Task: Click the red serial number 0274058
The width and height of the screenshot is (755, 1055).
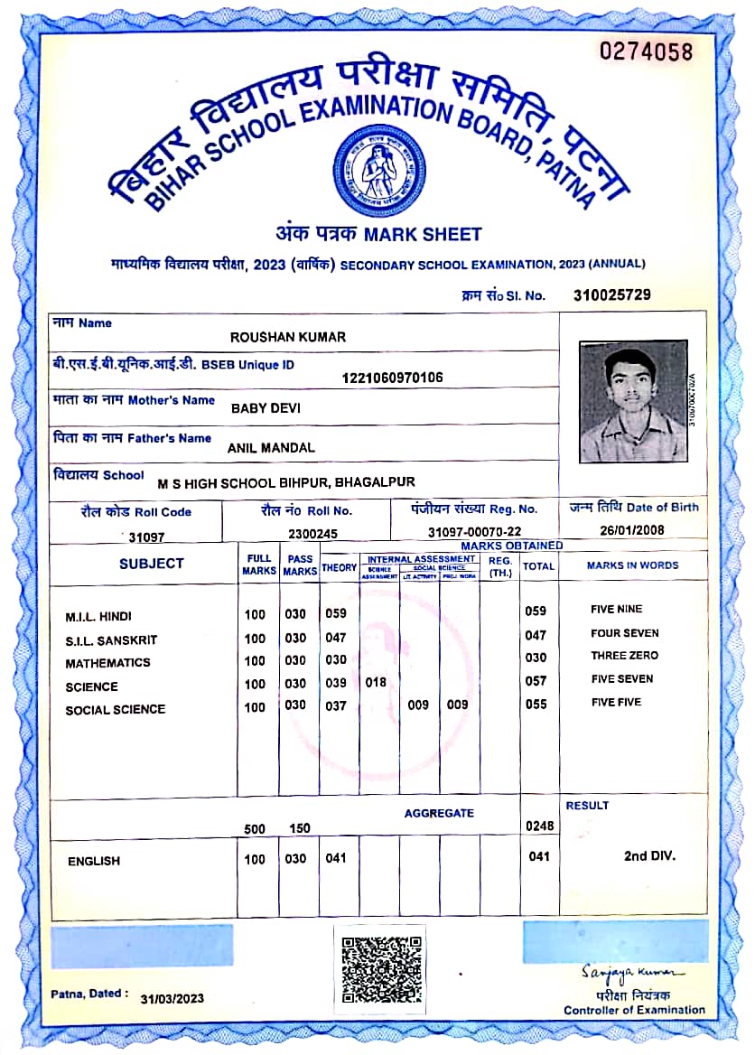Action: point(647,51)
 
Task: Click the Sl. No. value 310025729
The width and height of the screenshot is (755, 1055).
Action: point(611,294)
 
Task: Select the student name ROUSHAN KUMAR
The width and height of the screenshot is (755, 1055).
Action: point(288,337)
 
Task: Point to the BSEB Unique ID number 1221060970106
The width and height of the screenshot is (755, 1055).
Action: point(393,378)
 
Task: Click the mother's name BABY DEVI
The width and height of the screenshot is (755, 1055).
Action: point(266,408)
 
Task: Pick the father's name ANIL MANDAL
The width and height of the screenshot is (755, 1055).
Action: point(271,447)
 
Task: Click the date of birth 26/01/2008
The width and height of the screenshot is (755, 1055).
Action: point(631,531)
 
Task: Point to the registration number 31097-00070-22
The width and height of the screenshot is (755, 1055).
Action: point(474,534)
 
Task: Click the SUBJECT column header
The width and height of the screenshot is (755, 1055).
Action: point(151,564)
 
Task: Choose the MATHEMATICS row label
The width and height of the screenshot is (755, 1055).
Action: point(107,663)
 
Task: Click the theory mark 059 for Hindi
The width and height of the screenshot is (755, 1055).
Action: point(336,614)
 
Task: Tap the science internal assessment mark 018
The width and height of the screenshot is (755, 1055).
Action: point(375,683)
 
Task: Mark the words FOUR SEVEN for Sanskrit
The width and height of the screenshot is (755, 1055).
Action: point(625,633)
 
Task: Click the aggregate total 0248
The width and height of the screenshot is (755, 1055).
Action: point(540,826)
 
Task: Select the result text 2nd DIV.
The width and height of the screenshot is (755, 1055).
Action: point(649,855)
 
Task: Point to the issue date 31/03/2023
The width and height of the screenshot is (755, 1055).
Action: point(172,998)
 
